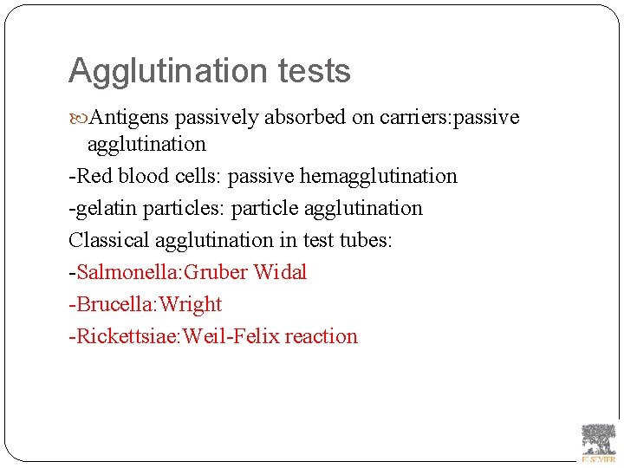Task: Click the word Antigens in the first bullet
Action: tap(130, 118)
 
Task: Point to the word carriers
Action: tap(413, 118)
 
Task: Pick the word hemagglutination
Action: tap(378, 176)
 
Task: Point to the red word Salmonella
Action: tap(125, 272)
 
